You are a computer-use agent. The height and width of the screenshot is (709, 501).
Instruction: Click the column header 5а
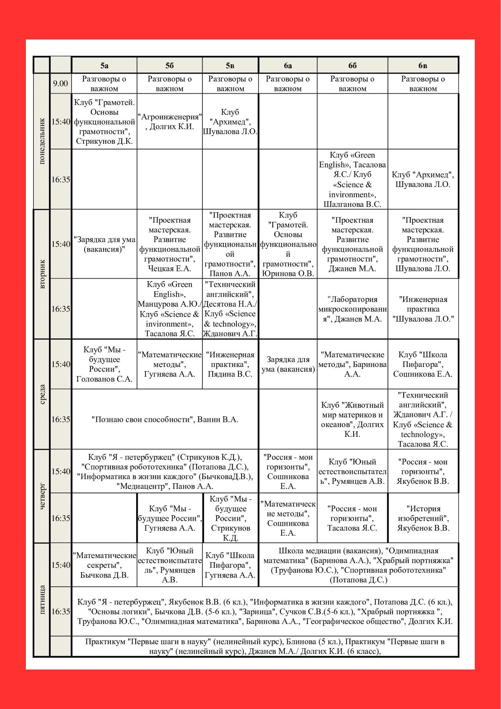pos(104,65)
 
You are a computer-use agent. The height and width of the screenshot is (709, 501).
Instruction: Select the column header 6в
pos(423,65)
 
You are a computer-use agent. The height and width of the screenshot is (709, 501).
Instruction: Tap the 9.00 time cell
pos(60,84)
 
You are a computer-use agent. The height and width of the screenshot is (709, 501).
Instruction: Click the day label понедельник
pos(42,141)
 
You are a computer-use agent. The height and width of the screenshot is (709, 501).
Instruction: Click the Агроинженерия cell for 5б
pos(169,122)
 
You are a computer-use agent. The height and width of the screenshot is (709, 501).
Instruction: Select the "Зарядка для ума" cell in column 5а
pos(104,244)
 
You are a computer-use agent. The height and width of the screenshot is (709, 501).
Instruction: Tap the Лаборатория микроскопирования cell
pos(352,309)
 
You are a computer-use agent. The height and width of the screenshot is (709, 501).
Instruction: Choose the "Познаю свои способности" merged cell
pos(165,419)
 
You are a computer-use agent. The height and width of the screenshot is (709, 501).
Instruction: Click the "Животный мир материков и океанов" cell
pos(352,419)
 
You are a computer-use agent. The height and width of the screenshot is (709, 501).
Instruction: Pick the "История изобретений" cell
pos(423,518)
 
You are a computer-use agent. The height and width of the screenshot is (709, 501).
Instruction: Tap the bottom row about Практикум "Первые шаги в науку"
pos(265,646)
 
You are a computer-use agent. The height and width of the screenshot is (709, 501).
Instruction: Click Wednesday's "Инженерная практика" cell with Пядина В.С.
pos(230,364)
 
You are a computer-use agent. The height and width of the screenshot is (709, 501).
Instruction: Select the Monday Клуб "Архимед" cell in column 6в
pos(423,179)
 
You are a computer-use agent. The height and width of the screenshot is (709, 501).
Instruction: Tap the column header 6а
pos(288,65)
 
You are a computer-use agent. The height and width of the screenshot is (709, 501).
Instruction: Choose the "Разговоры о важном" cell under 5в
pos(230,84)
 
